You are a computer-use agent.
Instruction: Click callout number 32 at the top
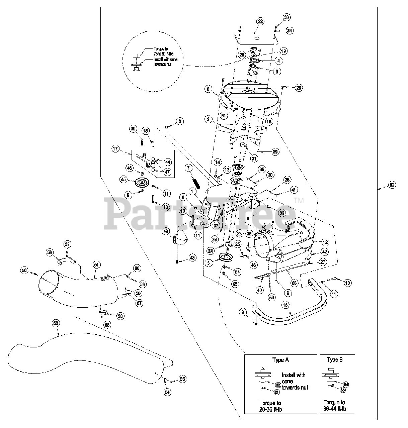260,21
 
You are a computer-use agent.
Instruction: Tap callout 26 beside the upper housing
299,88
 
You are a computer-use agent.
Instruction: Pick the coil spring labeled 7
196,183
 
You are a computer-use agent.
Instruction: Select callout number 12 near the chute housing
325,242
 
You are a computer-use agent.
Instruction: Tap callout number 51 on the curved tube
96,265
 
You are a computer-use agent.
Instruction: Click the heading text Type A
280,360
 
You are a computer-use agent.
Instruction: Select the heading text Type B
335,360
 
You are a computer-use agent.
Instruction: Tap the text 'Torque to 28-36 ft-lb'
270,406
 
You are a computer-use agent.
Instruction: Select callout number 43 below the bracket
192,257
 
